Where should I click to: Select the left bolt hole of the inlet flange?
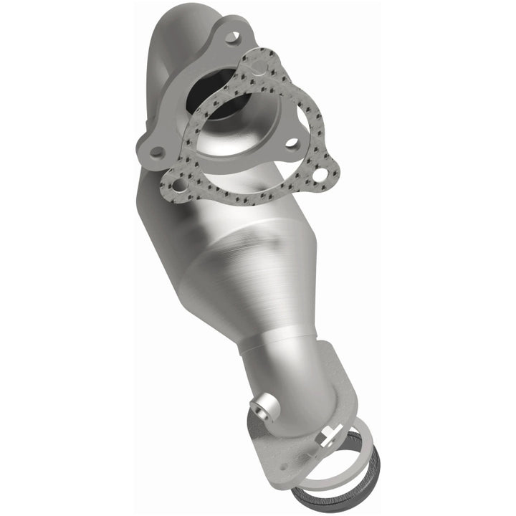coord(156,152)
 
